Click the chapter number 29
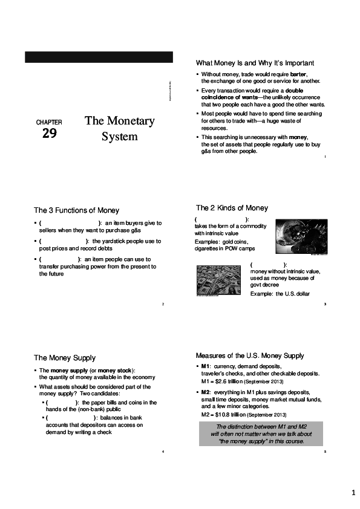click(50, 134)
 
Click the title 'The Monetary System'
click(120, 128)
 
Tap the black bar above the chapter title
click(99, 57)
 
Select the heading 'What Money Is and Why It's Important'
click(255, 63)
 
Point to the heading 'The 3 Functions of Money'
click(76, 210)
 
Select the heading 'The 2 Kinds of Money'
click(232, 208)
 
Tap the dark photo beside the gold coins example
click(301, 238)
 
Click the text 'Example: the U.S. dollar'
click(280, 293)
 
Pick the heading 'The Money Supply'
click(65, 358)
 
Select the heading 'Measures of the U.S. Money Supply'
click(250, 355)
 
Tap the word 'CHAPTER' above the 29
click(49, 122)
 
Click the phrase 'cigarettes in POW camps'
click(224, 248)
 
